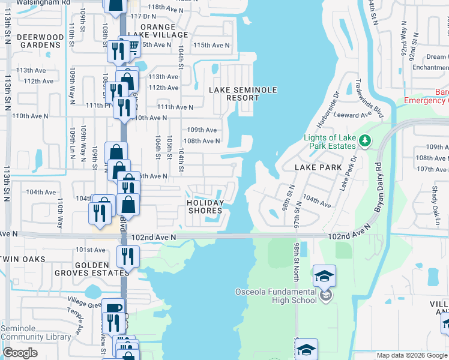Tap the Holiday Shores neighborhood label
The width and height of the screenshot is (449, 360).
(205, 206)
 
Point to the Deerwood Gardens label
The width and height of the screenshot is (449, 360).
(40, 41)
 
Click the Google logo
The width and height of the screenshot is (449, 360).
(20, 353)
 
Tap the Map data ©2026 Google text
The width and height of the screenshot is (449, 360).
(412, 355)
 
